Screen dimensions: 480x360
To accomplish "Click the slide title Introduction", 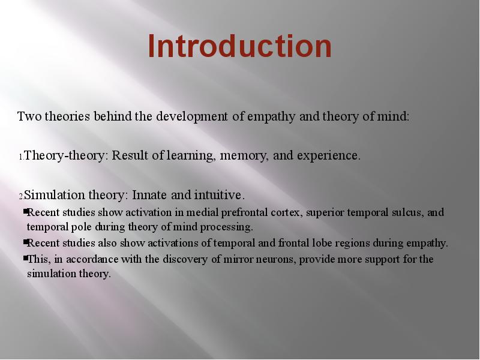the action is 239,46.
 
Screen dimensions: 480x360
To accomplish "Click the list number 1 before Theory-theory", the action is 21,157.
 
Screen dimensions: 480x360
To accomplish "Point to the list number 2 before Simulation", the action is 21,197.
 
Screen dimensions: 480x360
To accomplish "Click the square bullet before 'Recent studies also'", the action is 25,242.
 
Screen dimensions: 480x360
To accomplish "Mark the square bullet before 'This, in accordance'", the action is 25,259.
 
